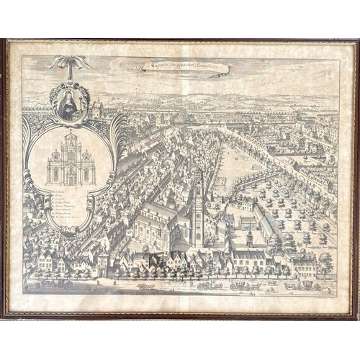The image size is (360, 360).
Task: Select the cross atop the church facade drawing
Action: coord(71,133)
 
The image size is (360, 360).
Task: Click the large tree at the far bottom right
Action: coord(325,261)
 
